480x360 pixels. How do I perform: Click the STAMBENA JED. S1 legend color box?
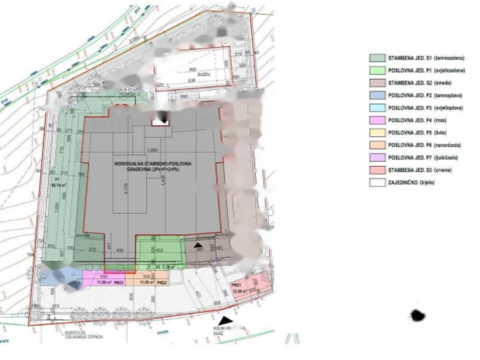point(377,58)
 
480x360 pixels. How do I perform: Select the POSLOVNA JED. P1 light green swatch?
point(377,70)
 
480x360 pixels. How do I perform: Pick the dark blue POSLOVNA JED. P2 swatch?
point(377,95)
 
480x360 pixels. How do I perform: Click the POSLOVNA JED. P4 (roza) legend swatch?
point(377,120)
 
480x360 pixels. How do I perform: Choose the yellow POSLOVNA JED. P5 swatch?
point(377,133)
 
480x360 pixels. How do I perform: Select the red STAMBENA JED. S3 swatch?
point(377,170)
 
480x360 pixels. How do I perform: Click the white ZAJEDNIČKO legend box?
point(377,183)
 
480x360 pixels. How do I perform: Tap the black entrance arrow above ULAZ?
point(227,321)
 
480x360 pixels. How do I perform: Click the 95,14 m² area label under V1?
point(56,185)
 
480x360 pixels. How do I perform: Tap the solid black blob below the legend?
point(417,315)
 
